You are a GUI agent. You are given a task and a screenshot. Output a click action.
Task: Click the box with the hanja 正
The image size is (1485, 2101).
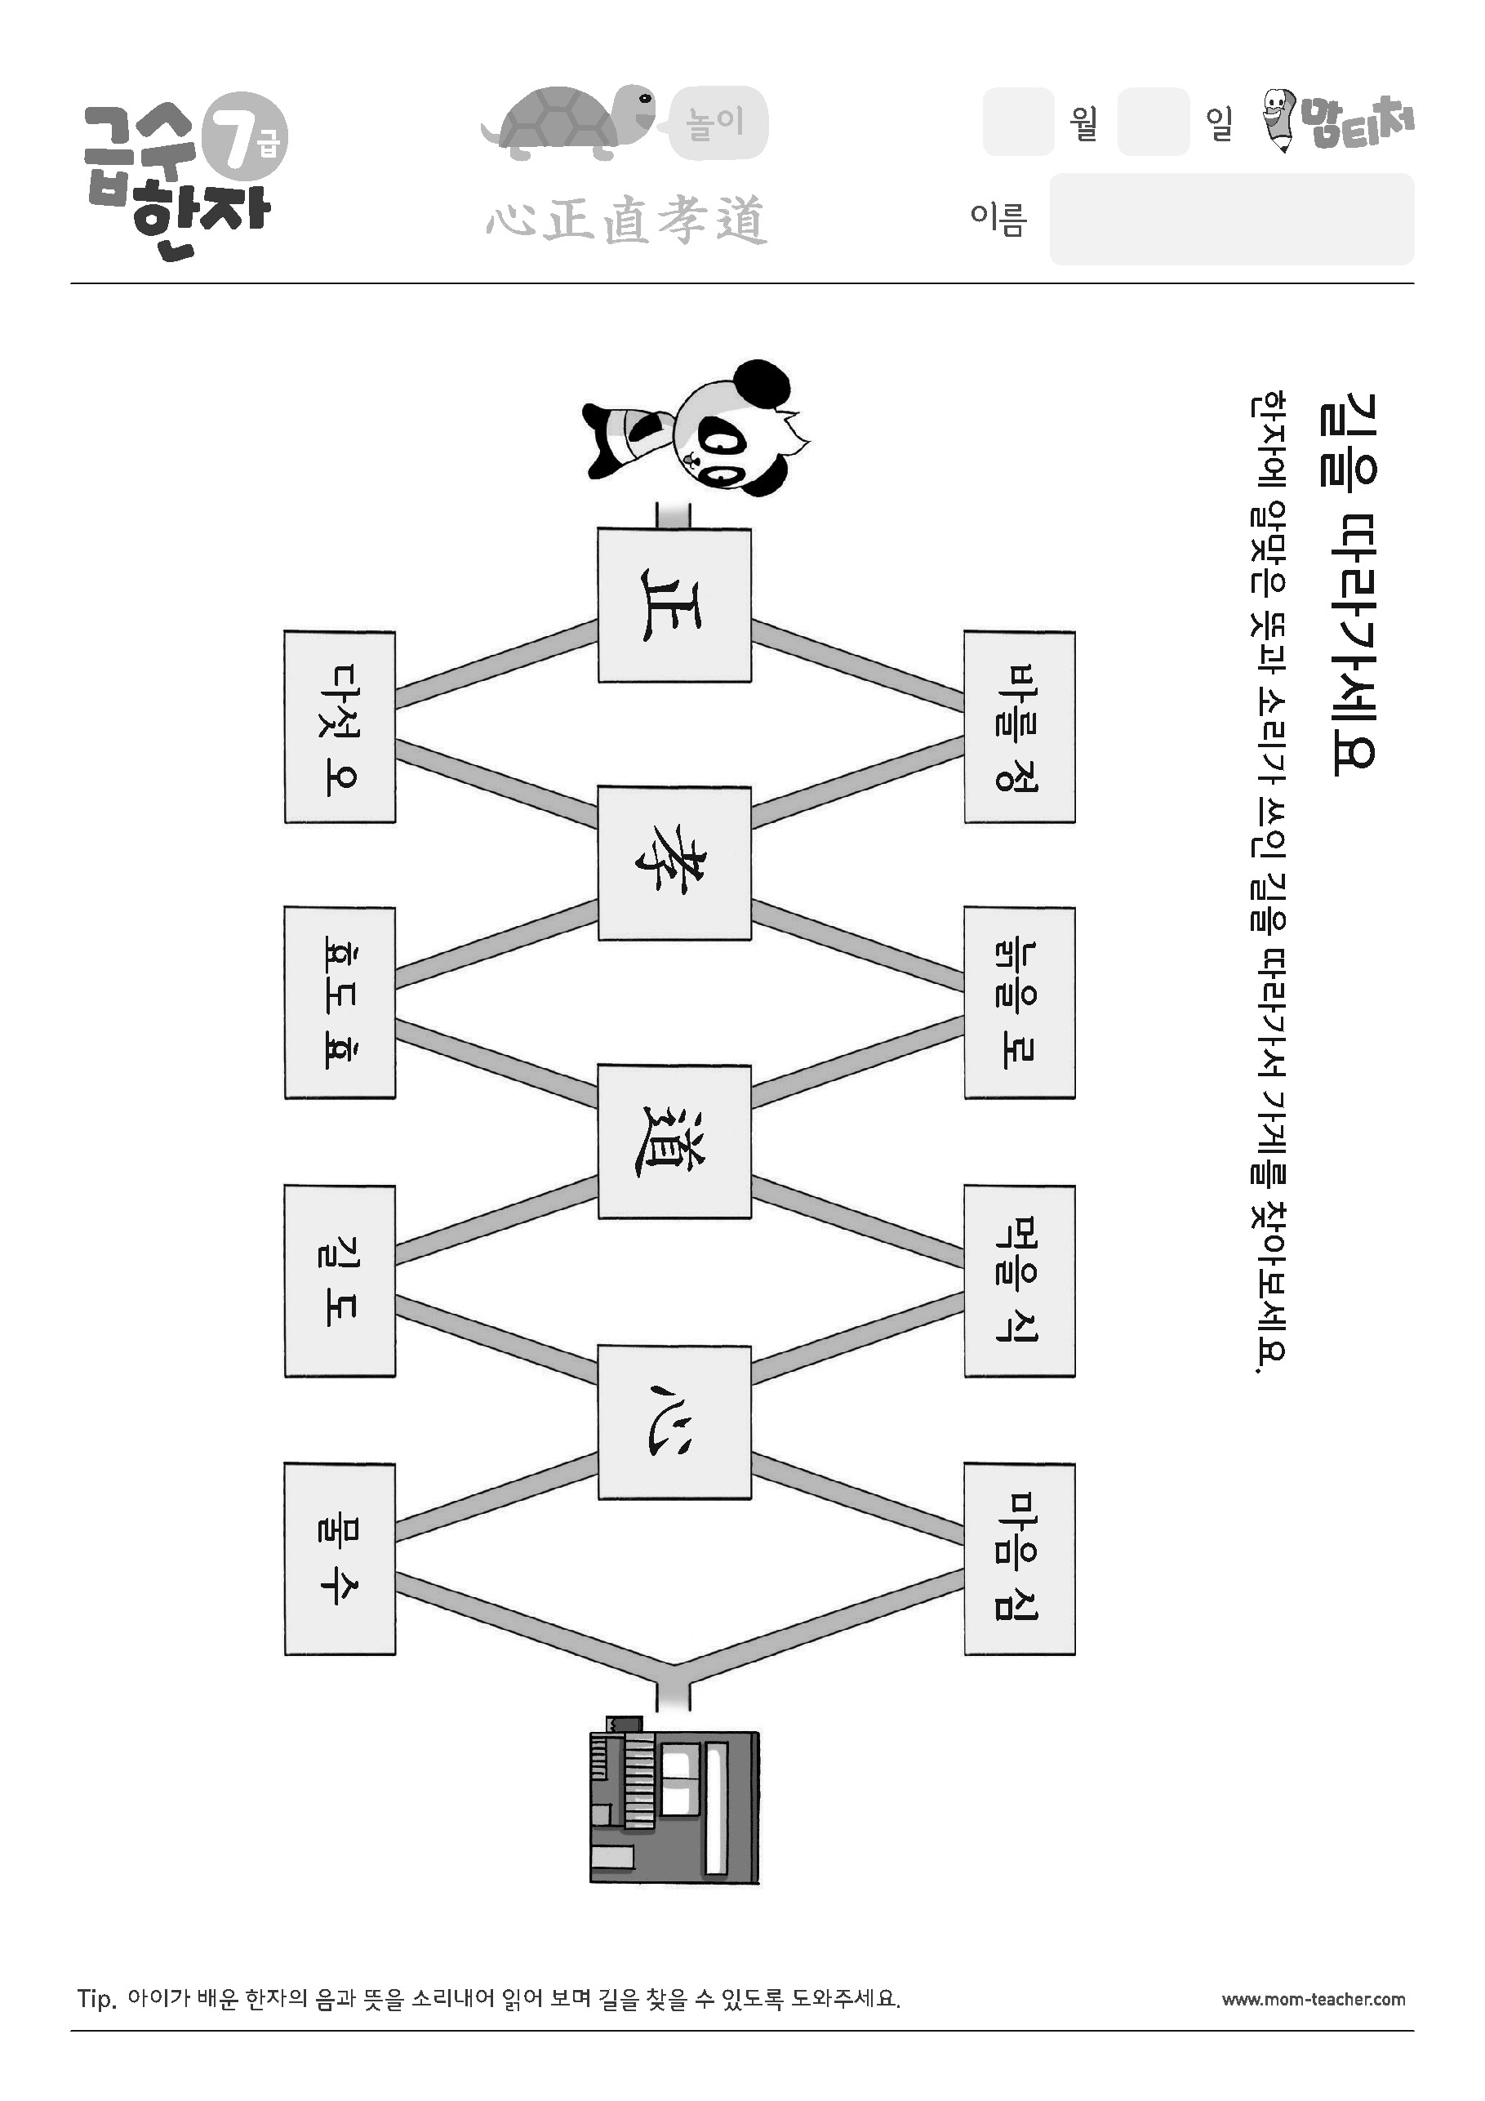[x=674, y=605]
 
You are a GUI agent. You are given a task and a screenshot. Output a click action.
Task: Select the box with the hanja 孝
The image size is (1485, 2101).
[x=674, y=863]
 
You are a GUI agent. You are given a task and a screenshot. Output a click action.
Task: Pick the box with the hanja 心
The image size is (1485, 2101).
[x=674, y=1421]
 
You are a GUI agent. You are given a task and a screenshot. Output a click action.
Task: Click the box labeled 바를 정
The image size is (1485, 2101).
[x=1020, y=727]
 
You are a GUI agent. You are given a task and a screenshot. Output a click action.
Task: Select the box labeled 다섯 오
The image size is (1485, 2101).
[x=340, y=727]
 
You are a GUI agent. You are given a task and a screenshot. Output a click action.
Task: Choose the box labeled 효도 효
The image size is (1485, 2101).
[x=340, y=1003]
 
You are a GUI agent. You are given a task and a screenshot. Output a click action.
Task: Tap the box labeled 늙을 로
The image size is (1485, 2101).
[x=1020, y=1003]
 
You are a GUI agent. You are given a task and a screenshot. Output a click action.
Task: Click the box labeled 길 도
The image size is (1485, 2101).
[x=340, y=1281]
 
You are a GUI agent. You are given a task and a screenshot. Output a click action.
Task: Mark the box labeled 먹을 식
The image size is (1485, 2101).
[x=1020, y=1281]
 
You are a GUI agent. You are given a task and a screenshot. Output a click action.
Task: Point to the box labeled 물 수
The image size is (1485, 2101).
[x=340, y=1560]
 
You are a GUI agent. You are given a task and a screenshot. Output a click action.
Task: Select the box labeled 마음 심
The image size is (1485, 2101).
[x=1020, y=1560]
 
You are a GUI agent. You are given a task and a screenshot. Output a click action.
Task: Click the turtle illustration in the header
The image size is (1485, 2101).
[x=568, y=122]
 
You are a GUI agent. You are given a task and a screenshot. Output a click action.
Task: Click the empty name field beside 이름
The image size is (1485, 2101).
[x=1232, y=220]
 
